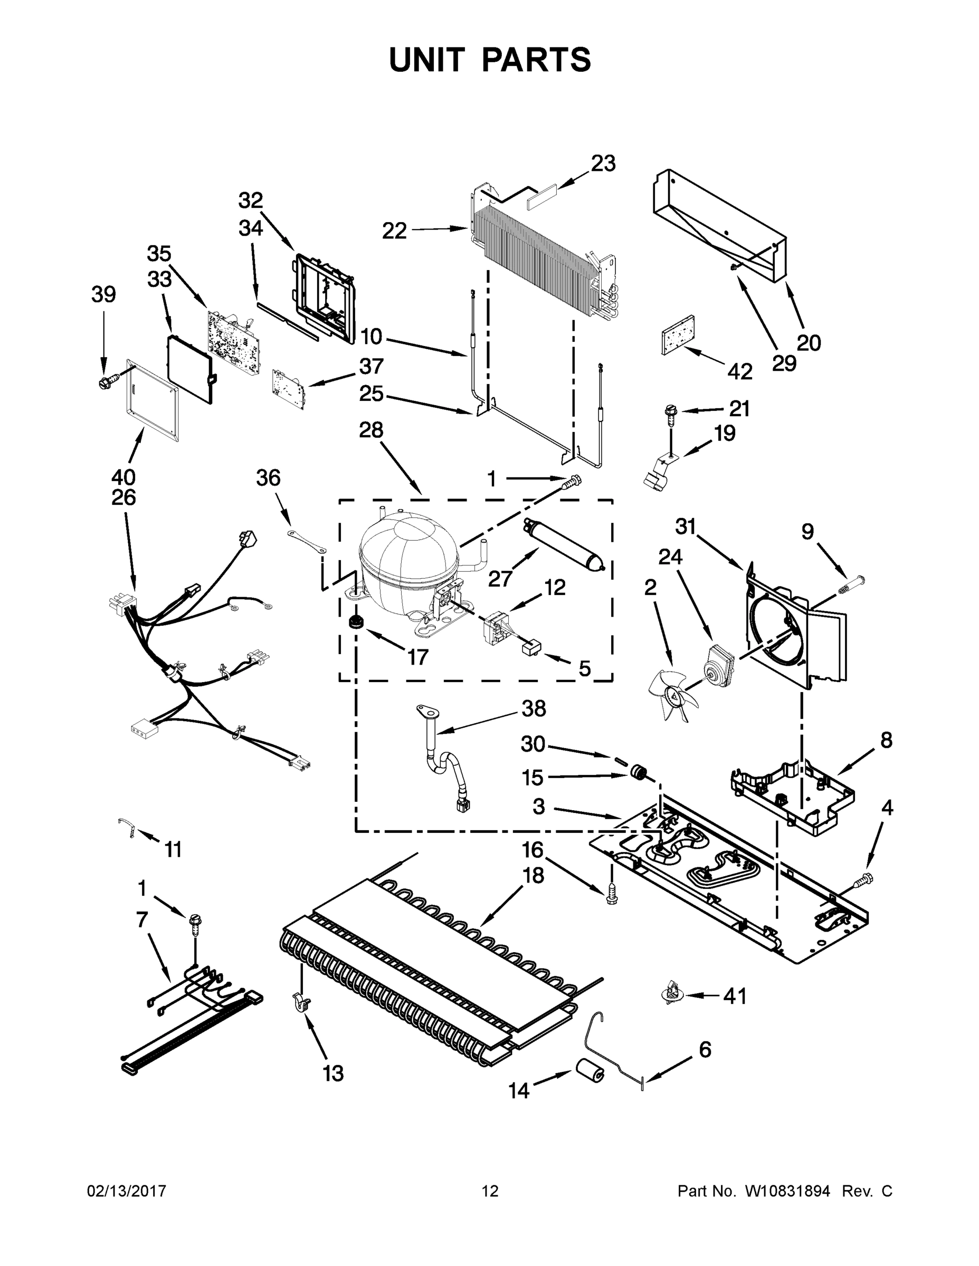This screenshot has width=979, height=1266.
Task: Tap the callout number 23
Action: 603,164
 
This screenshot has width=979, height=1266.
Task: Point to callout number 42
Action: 739,371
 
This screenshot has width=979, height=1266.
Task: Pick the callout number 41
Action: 735,996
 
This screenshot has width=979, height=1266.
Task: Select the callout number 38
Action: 533,708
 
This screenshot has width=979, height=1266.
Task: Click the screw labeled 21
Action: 671,414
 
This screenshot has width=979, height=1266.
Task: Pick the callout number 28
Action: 371,430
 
